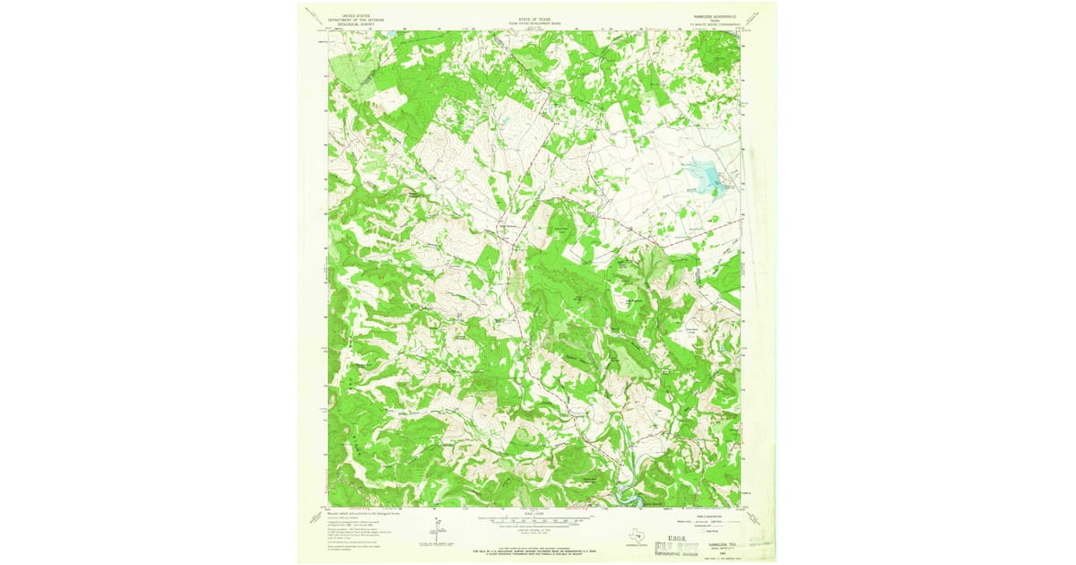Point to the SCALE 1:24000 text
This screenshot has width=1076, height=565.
[x=534, y=511]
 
